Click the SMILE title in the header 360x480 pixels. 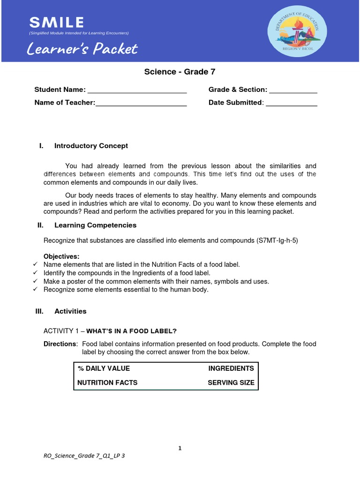pos(56,22)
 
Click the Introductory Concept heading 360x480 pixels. pos(91,146)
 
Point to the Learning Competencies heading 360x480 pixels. pos(95,225)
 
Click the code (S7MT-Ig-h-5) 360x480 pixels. pos(277,240)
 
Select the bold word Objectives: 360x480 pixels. pos(61,256)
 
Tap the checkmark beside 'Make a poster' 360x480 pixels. pos(35,281)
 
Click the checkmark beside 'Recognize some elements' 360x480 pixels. pos(35,290)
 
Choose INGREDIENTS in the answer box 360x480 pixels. pos(231,368)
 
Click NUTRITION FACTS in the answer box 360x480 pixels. pos(108,382)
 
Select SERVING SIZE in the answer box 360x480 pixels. pos(231,382)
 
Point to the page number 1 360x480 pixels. pos(180,449)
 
